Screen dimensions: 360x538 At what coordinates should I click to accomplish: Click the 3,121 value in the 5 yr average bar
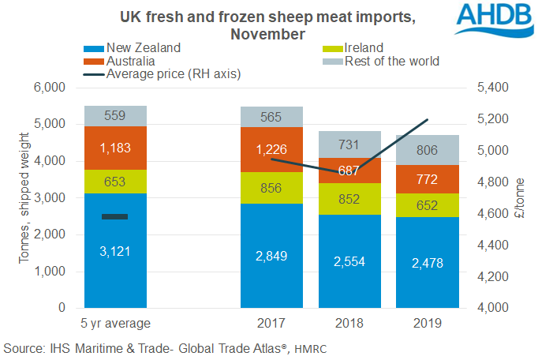pos(116,252)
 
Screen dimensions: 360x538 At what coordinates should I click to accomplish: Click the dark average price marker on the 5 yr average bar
pos(115,216)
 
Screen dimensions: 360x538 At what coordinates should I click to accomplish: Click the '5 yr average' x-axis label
pos(116,323)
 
